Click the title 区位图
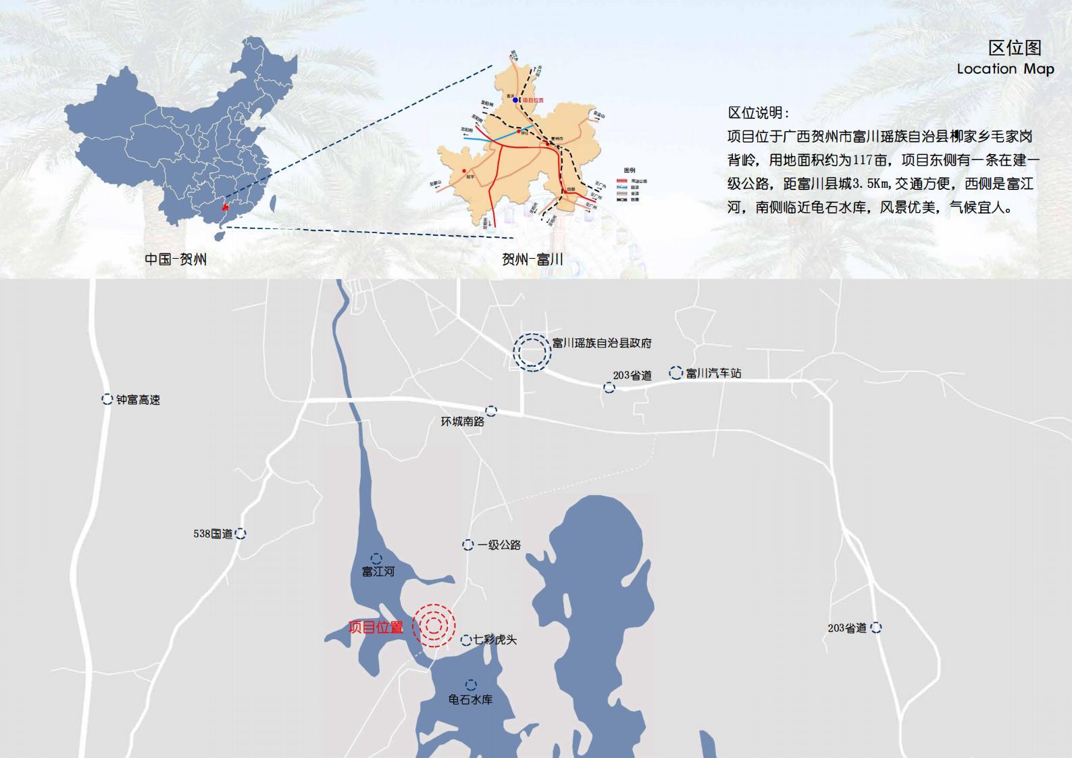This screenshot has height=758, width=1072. (x=1014, y=47)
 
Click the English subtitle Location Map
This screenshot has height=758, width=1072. (x=1004, y=69)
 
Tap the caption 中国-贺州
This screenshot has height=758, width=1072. (x=176, y=259)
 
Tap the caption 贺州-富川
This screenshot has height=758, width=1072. (x=532, y=259)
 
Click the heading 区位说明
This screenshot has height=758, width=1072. (x=758, y=113)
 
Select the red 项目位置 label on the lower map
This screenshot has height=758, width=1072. (x=376, y=627)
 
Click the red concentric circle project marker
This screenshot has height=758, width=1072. (x=434, y=626)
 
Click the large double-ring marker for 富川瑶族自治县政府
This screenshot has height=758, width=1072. (x=532, y=352)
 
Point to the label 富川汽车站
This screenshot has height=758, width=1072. (x=713, y=373)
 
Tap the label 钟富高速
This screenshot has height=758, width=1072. (x=138, y=400)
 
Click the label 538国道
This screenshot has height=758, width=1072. (x=213, y=534)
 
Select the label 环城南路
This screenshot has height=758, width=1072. (x=463, y=422)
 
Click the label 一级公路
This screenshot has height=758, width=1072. (x=499, y=545)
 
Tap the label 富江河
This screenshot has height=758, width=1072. (x=378, y=572)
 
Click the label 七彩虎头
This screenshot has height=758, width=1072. (x=495, y=640)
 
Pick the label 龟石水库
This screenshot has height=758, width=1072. (x=470, y=700)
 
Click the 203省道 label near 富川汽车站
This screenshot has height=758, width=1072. (x=632, y=376)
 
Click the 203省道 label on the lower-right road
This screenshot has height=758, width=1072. (x=847, y=628)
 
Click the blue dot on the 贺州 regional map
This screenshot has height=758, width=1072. (x=515, y=100)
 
